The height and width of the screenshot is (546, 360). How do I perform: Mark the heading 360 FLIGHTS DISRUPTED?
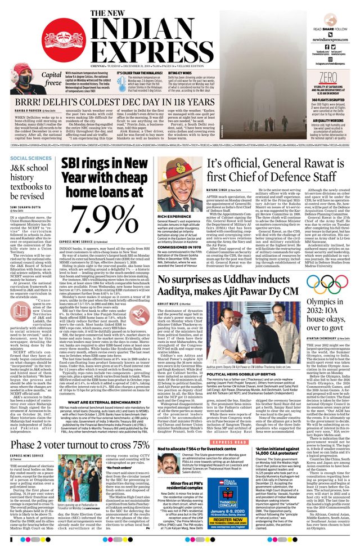click(x=326, y=100)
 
